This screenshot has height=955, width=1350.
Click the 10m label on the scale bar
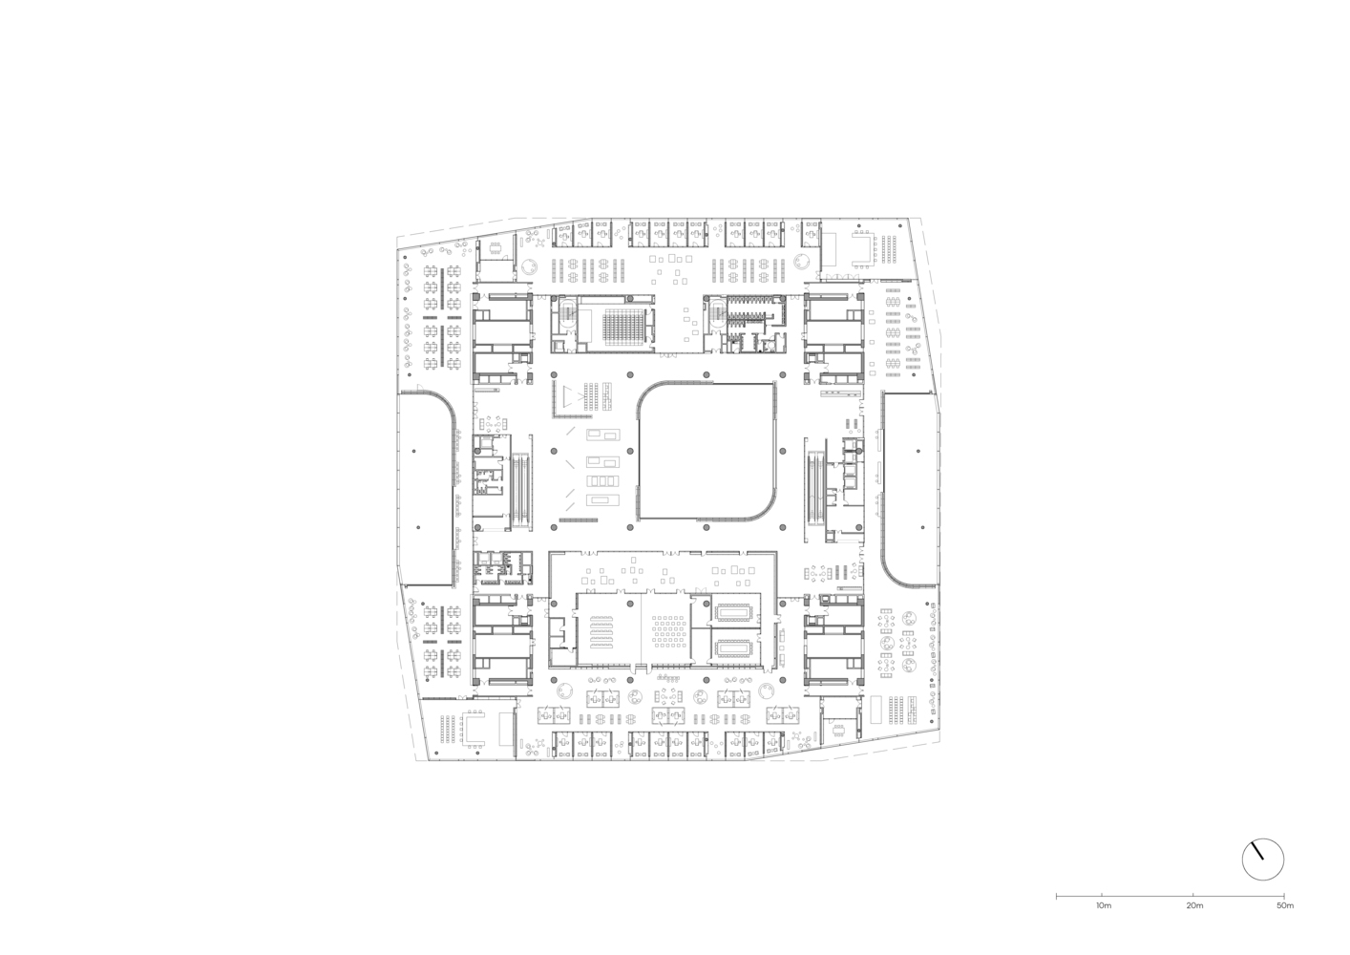click(1104, 923)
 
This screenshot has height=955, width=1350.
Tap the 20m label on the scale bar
click(1194, 923)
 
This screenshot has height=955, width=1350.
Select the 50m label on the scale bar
click(1285, 923)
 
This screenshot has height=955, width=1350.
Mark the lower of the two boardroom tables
click(733, 648)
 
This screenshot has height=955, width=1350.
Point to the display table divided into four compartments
click(602, 480)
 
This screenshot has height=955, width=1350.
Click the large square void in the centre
click(706, 451)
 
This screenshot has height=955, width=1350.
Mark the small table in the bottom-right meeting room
click(839, 731)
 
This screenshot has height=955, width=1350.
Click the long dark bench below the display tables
click(578, 520)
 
